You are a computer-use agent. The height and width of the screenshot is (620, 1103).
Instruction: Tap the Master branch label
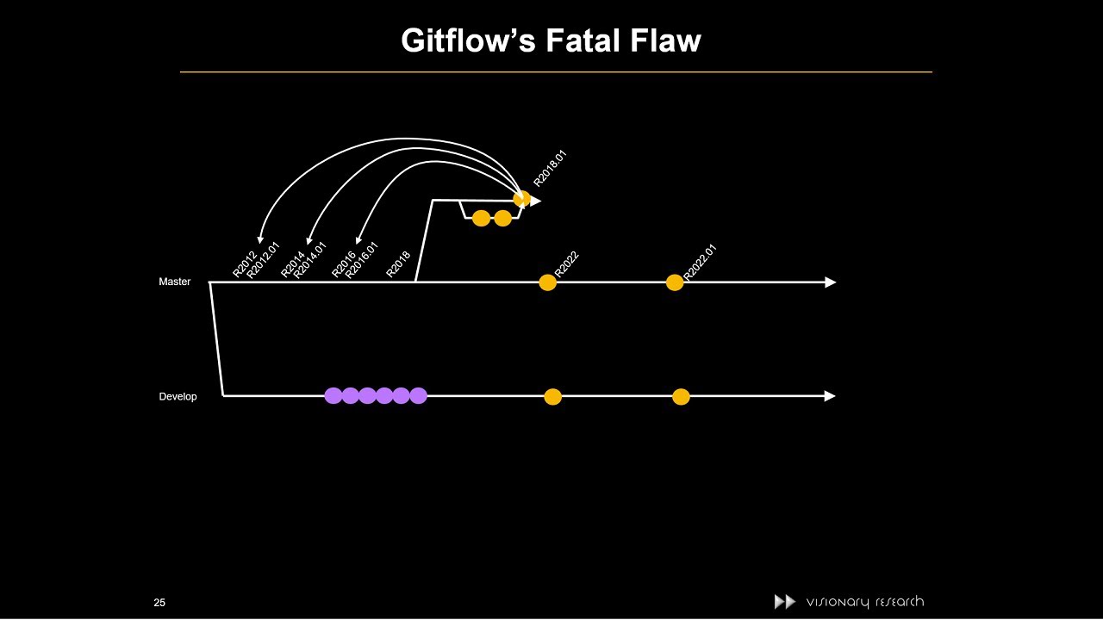[174, 282]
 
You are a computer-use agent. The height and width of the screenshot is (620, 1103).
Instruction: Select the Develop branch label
[178, 396]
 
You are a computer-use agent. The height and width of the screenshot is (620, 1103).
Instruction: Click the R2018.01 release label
[550, 169]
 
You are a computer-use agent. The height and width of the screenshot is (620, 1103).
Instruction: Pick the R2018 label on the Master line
[398, 264]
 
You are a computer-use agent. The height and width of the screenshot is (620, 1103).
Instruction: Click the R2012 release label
[245, 264]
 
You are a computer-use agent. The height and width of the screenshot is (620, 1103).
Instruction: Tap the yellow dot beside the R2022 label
[547, 282]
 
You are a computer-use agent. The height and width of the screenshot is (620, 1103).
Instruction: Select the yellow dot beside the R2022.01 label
[675, 282]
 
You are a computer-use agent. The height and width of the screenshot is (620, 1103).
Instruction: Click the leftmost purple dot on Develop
[333, 396]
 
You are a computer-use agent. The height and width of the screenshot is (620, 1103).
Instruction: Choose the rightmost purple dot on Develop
[418, 396]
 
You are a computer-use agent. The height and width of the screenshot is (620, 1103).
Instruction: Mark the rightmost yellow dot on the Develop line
[681, 397]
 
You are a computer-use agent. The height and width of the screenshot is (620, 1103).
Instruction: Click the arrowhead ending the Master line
[830, 282]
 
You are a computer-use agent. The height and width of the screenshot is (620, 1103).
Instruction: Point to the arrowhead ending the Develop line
[830, 396]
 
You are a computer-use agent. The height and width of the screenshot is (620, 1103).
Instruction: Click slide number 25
[159, 603]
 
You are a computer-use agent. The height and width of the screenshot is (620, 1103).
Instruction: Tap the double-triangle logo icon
[784, 602]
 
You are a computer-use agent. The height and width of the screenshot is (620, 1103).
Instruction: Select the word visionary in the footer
[838, 603]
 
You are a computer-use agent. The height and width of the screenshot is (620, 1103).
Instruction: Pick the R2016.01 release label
[362, 260]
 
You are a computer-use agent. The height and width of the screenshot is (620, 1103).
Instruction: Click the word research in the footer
[900, 602]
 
